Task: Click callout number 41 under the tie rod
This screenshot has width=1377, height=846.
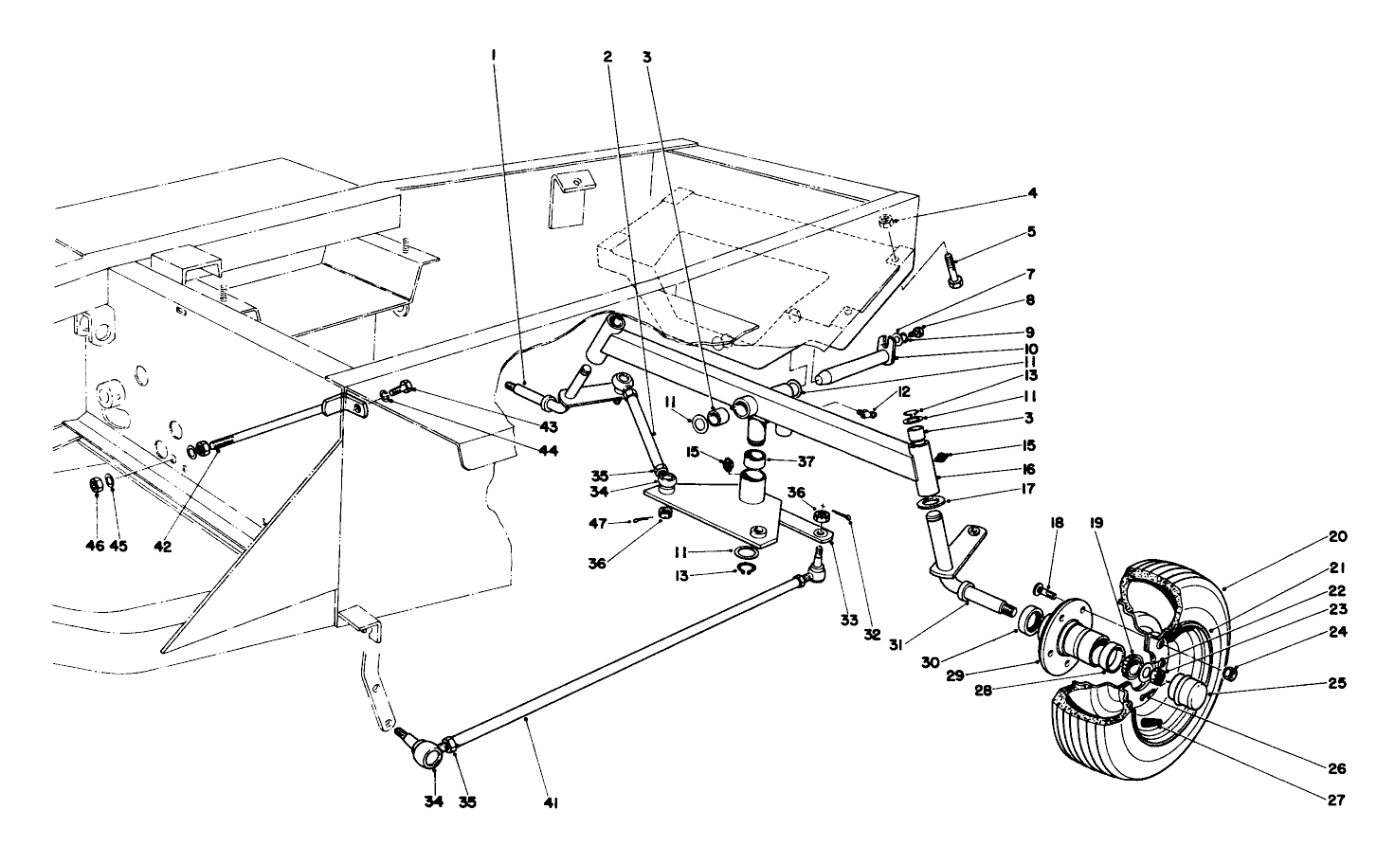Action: point(551,803)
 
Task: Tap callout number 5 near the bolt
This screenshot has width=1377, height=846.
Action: point(1031,231)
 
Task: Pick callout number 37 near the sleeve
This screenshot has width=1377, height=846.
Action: point(806,461)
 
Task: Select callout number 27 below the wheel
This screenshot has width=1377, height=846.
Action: point(1336,800)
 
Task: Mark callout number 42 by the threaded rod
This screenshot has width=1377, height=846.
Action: point(163,547)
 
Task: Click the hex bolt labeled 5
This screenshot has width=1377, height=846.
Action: point(954,266)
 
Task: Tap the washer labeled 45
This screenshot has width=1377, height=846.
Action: point(111,485)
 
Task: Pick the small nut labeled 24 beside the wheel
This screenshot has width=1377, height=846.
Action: point(1230,674)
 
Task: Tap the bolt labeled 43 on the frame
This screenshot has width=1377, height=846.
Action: point(402,387)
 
